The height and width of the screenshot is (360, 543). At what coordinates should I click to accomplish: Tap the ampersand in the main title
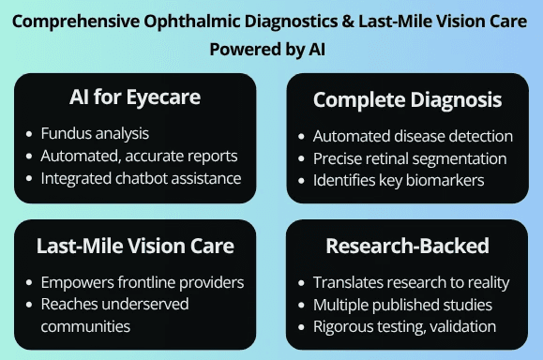coord(348,22)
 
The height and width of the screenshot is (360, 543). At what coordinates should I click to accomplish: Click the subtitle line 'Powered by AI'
coord(267,49)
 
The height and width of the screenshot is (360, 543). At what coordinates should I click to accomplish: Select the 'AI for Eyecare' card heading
coord(135,97)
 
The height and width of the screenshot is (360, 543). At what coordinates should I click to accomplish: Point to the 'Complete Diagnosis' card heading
coord(408,100)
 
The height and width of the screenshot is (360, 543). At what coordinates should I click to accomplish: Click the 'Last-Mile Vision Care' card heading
coord(135,246)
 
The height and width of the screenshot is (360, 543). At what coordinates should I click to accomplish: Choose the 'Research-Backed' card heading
coord(407,246)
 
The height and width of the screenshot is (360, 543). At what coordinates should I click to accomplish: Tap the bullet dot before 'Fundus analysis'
coord(29,134)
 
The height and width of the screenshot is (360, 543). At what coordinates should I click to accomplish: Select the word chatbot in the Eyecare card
coord(141,179)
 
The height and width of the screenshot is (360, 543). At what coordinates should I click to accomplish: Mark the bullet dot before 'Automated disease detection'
coord(301,137)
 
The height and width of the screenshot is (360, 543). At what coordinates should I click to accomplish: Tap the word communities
coord(85,327)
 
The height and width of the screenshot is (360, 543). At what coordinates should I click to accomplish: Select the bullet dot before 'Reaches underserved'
coord(29,305)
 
